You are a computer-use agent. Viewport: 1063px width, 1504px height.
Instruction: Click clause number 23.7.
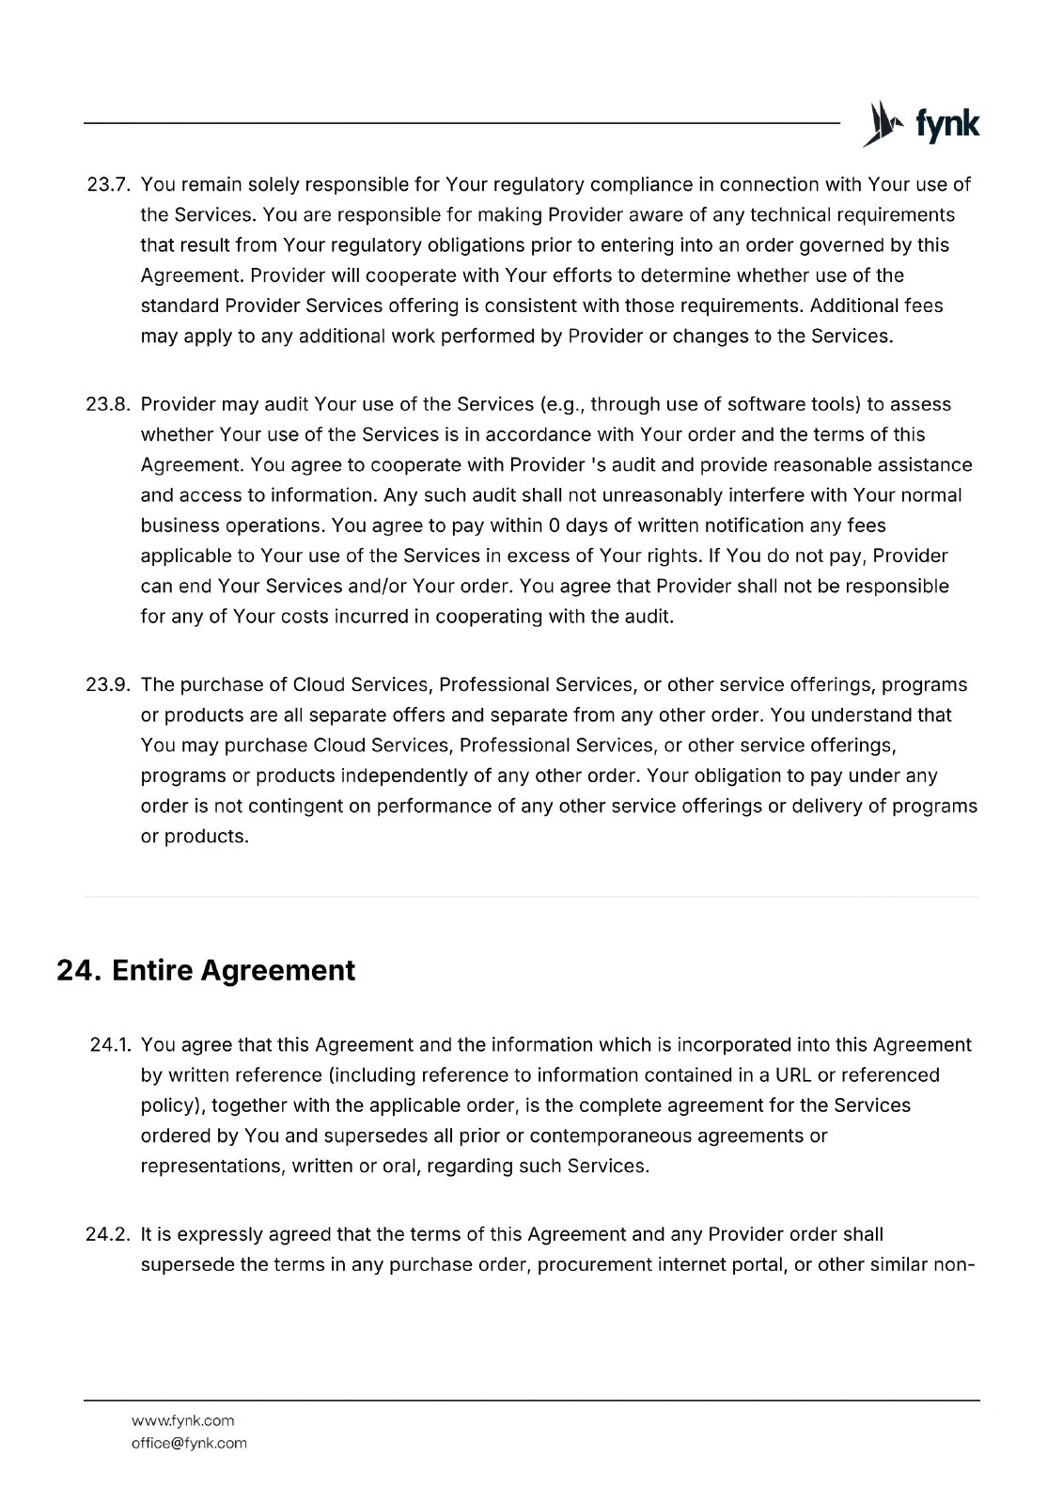click(107, 184)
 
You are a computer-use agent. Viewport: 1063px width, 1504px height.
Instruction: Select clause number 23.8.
click(107, 404)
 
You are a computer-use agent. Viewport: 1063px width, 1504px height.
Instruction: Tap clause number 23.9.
click(107, 684)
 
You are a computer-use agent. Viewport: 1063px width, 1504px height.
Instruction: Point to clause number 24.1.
click(109, 1045)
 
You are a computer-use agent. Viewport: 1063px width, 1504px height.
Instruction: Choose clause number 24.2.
click(107, 1233)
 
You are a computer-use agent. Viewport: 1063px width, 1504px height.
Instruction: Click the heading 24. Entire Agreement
click(206, 970)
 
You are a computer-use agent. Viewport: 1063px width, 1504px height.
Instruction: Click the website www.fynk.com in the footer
click(183, 1420)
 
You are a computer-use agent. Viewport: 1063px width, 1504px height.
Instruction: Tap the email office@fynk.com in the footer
click(189, 1443)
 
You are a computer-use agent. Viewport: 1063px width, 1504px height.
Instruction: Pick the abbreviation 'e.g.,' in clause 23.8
click(563, 404)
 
